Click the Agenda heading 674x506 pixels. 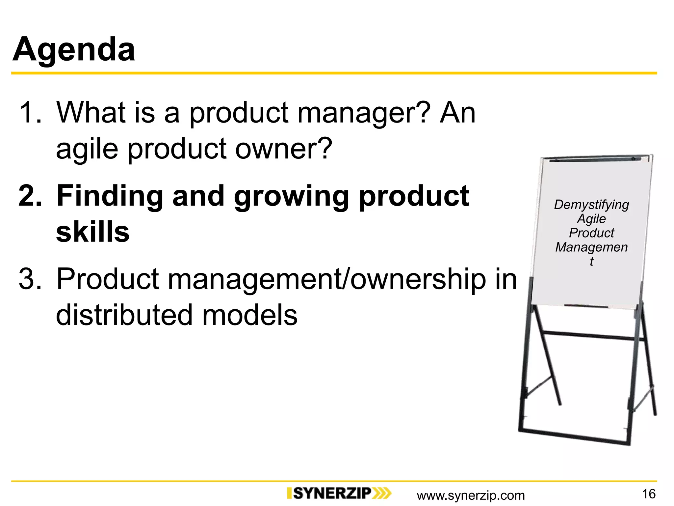(x=74, y=49)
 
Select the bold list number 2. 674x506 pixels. (x=30, y=196)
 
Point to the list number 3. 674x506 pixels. (x=30, y=279)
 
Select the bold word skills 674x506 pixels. (x=93, y=232)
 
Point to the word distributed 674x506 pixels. (x=124, y=315)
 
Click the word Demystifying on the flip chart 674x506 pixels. (x=591, y=205)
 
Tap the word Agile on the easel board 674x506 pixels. (x=591, y=219)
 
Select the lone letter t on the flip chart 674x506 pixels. (x=591, y=261)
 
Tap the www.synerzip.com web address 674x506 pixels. (x=471, y=495)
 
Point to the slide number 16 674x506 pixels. (x=649, y=494)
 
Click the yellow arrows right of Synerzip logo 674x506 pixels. (x=382, y=493)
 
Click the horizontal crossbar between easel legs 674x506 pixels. (x=589, y=336)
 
